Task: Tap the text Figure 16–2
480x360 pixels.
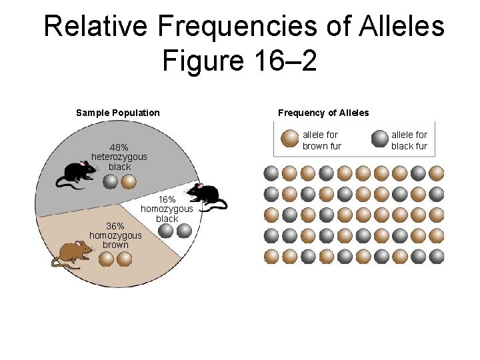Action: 239,61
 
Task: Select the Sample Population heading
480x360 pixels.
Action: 118,113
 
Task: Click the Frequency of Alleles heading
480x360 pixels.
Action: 323,113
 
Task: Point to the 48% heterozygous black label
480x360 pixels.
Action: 119,157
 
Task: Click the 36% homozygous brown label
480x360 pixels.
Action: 115,235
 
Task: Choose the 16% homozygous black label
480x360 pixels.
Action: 167,209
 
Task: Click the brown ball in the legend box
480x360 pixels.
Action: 289,138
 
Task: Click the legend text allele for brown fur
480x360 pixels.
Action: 321,140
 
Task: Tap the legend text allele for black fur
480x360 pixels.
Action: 409,140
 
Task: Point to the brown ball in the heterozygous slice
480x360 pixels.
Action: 129,181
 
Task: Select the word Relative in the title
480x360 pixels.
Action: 97,27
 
